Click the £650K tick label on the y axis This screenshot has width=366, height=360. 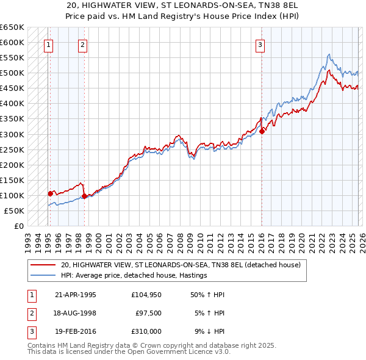pos(12,27)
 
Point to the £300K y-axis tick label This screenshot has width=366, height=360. pos(12,134)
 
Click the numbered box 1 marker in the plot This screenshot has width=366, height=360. pos(48,44)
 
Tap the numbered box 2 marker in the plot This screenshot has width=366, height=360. pos(82,44)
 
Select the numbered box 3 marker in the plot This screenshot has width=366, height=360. pos(260,44)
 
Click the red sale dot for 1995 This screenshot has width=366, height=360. pos(51,193)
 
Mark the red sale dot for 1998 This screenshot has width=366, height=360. pos(84,196)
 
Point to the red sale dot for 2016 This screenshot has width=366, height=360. pos(262,131)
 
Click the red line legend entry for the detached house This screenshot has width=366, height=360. pos(181,265)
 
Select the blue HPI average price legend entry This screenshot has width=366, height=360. pos(134,276)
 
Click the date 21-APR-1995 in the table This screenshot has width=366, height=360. pos(76,295)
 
